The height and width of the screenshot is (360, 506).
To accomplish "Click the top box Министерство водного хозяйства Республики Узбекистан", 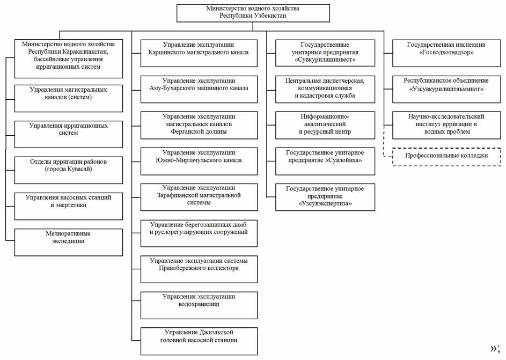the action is [x=253, y=13].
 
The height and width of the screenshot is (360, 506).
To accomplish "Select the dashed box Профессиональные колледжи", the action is [x=446, y=157].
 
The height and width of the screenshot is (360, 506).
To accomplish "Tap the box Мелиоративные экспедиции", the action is [x=68, y=243].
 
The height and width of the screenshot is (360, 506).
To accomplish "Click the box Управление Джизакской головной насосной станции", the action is [x=199, y=341].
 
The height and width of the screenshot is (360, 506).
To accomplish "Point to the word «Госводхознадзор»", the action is [x=446, y=52].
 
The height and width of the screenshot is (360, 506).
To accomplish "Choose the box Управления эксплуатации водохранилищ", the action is [x=199, y=305].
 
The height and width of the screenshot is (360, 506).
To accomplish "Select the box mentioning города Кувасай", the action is [x=68, y=170].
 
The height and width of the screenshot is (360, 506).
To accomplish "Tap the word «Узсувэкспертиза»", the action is [x=325, y=203].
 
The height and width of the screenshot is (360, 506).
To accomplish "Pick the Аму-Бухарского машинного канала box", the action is [x=199, y=89].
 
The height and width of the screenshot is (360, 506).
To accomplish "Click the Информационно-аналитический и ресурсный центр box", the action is [x=325, y=125].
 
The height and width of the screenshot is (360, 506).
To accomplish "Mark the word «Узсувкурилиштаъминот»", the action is [x=446, y=89].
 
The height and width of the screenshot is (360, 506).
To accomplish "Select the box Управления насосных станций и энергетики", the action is [x=68, y=206].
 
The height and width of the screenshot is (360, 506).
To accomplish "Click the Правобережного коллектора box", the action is [x=199, y=269].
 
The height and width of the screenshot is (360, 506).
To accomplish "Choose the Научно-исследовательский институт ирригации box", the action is [x=446, y=125].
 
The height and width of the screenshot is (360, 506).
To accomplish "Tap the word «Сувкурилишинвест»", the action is [x=325, y=60].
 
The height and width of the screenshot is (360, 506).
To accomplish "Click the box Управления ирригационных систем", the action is [x=68, y=134].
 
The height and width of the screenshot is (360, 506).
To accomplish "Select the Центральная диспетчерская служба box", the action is [x=325, y=89].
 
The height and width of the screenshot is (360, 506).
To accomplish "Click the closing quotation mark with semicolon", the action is [x=495, y=348].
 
